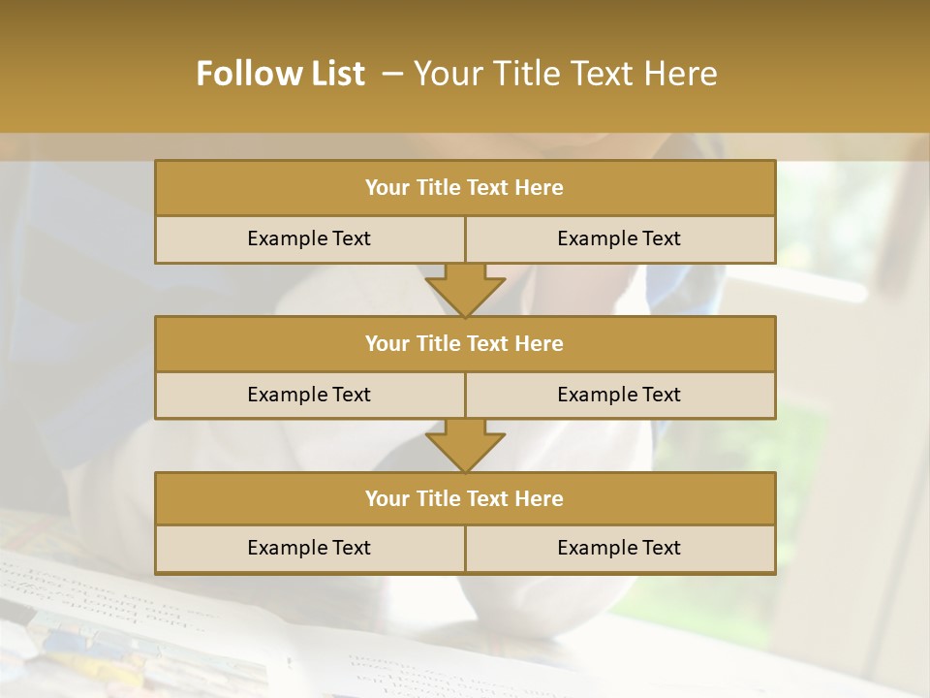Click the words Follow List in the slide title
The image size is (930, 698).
point(281,74)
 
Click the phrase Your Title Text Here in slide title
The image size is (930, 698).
point(565,74)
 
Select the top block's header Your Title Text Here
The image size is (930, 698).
point(464,188)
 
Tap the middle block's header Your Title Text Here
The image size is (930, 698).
point(464,343)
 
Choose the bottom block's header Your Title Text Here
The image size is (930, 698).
point(464,498)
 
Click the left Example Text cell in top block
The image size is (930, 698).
point(309,238)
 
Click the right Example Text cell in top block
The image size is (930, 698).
point(619,238)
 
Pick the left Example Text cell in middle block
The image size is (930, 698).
point(309,395)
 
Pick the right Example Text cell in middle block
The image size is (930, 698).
point(619,395)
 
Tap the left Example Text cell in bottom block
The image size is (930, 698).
point(309,548)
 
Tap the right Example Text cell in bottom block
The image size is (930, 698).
point(619,548)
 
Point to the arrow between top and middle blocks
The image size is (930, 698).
point(465,290)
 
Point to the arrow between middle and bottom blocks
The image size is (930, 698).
point(465,445)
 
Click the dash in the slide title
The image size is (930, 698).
point(392,74)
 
